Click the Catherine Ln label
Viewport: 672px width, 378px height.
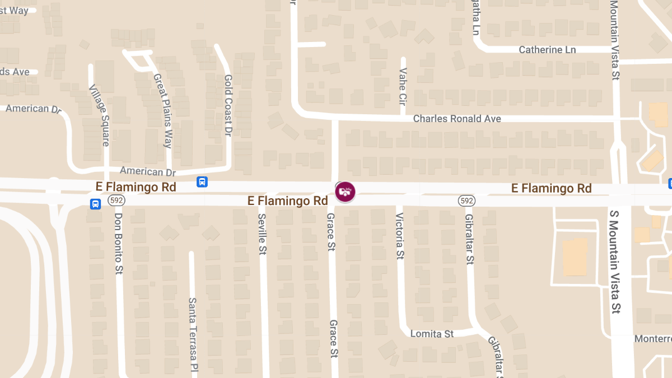pyautogui.click(x=547, y=50)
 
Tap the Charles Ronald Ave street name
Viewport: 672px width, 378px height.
pyautogui.click(x=457, y=119)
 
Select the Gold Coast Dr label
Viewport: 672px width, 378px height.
pyautogui.click(x=228, y=105)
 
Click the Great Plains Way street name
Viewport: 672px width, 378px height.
pyautogui.click(x=163, y=111)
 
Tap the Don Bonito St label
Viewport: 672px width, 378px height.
pyautogui.click(x=118, y=243)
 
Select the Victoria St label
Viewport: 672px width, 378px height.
pyautogui.click(x=400, y=236)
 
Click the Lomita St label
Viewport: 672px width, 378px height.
pyautogui.click(x=432, y=334)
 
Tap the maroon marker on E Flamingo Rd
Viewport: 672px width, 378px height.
pyautogui.click(x=345, y=192)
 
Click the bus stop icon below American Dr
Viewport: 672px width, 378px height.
pyautogui.click(x=202, y=182)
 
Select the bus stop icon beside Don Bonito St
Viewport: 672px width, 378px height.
pyautogui.click(x=96, y=204)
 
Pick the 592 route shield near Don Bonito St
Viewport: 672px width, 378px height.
pyautogui.click(x=116, y=200)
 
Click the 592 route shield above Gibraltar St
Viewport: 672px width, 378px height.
pyautogui.click(x=466, y=200)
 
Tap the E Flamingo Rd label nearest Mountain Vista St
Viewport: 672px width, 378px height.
pyautogui.click(x=551, y=189)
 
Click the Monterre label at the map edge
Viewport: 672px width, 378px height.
pyautogui.click(x=652, y=339)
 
